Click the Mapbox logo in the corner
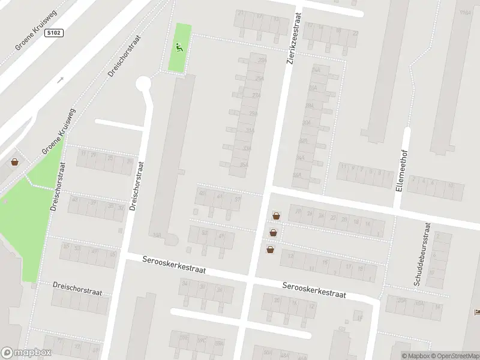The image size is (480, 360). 26,353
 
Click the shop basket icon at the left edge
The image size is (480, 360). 14,162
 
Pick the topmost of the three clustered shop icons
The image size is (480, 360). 276,216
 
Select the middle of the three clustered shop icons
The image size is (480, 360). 273,233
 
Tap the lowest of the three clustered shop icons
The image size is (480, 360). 270,250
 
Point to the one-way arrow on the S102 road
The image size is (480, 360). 60,80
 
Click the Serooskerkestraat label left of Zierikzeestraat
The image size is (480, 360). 174,265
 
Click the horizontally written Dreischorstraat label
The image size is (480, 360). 77,289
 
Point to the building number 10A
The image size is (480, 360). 158,236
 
